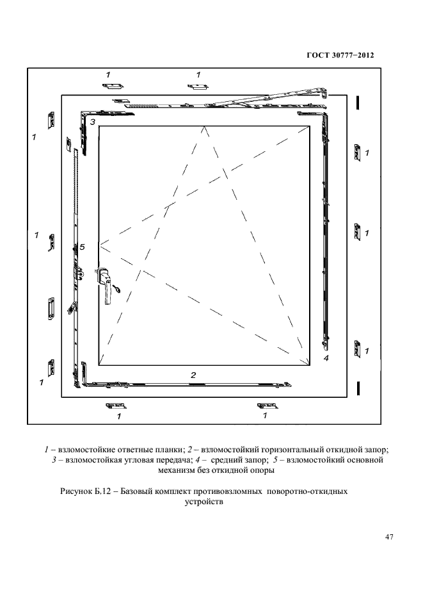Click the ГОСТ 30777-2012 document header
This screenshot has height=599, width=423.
click(340, 55)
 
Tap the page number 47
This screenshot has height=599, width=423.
click(389, 537)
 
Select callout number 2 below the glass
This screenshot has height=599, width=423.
click(193, 375)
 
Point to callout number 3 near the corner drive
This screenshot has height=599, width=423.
click(93, 122)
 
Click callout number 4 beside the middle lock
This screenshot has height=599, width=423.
click(326, 358)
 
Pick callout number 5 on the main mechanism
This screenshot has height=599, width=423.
click(82, 247)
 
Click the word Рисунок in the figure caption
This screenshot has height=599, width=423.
click(76, 491)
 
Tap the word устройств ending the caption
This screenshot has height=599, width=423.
click(204, 502)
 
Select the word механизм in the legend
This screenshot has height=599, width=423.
click(176, 470)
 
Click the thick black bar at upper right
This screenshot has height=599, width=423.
click(358, 103)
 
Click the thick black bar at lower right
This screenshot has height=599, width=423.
click(358, 388)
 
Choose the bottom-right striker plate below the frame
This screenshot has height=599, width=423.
click(267, 406)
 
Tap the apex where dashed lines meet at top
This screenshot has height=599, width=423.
click(204, 126)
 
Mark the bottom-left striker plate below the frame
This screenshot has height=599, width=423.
click(116, 406)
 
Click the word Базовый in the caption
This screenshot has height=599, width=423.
click(136, 491)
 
